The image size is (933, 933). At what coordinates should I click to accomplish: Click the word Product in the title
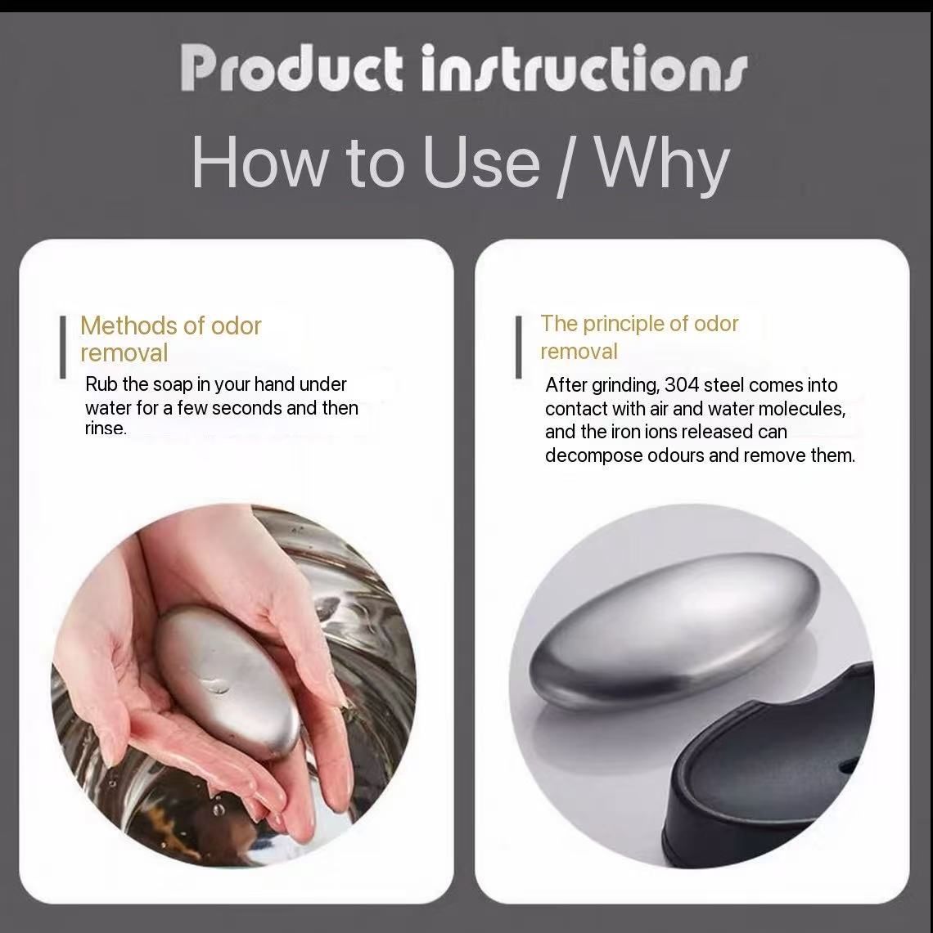pos(292,69)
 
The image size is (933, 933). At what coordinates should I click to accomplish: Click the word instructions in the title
pos(584,69)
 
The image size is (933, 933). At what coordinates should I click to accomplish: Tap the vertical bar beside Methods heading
pos(62,347)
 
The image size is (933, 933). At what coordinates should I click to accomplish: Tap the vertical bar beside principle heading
pos(519,347)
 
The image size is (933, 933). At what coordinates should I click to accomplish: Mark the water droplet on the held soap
pos(214,686)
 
